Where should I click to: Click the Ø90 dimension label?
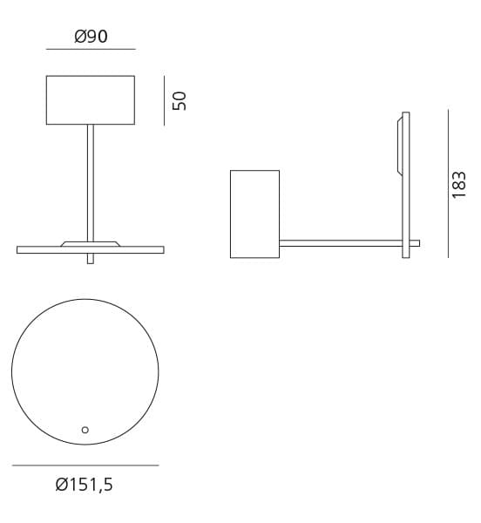[x=91, y=37]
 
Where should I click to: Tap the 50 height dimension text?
[x=180, y=100]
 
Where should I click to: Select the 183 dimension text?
[x=460, y=184]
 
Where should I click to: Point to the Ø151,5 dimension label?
[x=85, y=486]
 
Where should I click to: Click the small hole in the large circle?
[x=85, y=429]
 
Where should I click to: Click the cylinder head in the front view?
[x=91, y=100]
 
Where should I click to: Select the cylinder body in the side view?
[x=254, y=214]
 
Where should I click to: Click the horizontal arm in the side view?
[x=340, y=242]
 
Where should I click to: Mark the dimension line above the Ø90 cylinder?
[x=91, y=50]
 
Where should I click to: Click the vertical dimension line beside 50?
[x=165, y=100]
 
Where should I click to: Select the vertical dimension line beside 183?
[x=448, y=183]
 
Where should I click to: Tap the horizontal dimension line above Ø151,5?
[x=85, y=465]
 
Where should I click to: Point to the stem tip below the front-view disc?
[x=91, y=259]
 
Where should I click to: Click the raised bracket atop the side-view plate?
[x=400, y=144]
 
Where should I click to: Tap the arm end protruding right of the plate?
[x=415, y=242]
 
